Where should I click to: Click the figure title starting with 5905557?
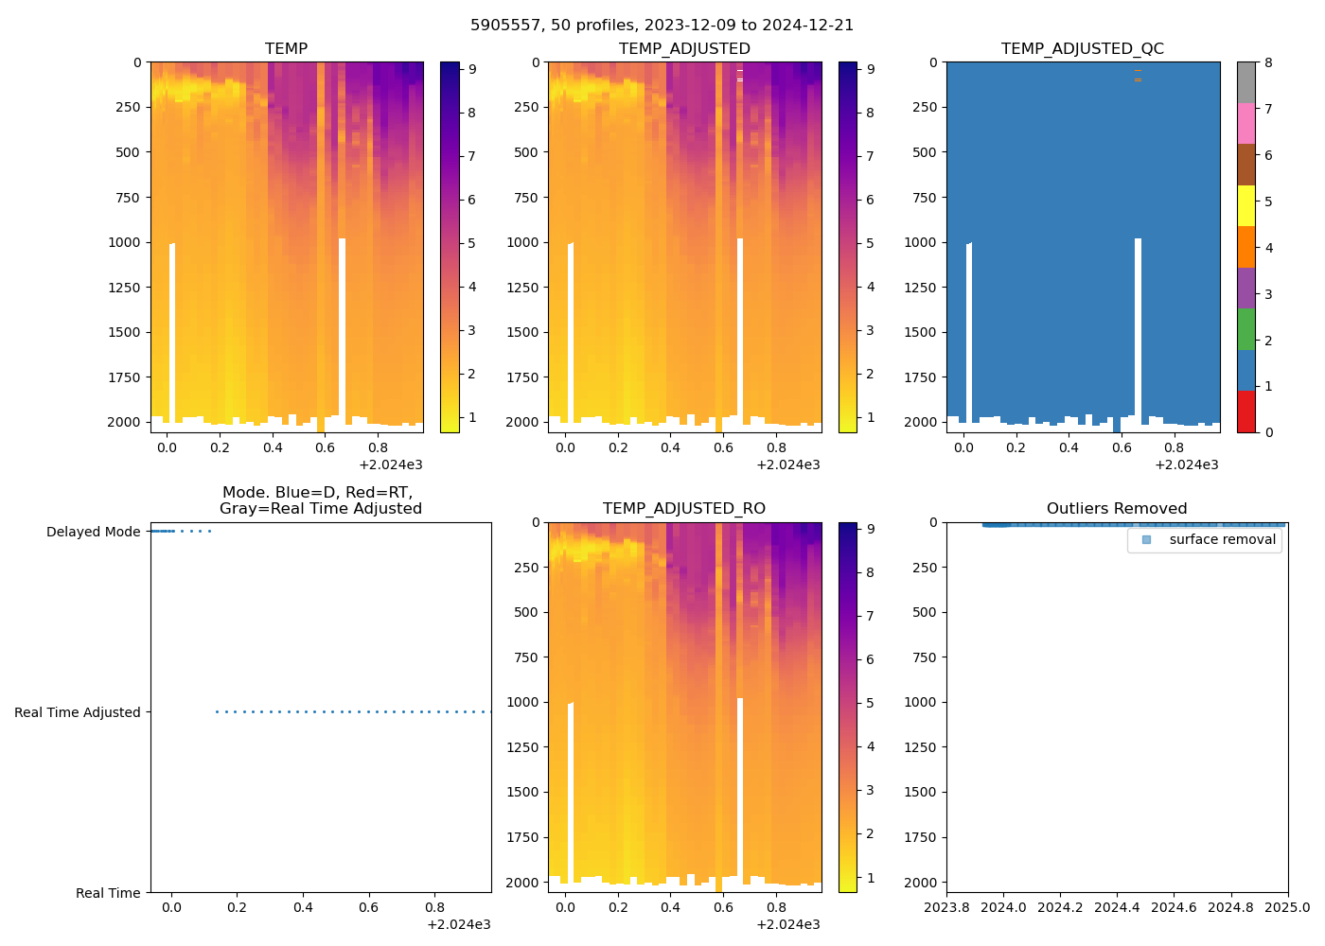coord(662,26)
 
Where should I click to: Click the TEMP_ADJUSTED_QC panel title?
coord(1082,49)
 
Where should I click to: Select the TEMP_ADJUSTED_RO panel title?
coord(683,509)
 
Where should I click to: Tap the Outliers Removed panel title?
coord(1117,509)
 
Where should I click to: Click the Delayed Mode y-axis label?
coord(93,532)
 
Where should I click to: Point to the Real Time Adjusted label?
coord(77,712)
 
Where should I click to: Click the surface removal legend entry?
coord(1222,539)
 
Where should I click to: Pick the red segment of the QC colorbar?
coord(1245,412)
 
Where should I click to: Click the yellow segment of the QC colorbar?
coord(1245,206)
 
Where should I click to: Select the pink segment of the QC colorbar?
coord(1245,124)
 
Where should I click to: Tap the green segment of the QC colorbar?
coord(1245,329)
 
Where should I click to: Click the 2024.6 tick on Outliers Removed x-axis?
coord(1174,907)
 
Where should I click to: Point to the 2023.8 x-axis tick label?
coord(946,907)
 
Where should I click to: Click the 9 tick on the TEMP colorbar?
coord(472,69)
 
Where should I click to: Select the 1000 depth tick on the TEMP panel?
coord(124,242)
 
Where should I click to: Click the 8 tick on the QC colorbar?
coord(1268,62)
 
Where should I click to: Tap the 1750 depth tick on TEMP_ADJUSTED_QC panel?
coord(920,377)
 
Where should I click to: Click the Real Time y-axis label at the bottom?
coord(108,893)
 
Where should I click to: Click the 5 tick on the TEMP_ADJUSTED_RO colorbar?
coord(870,703)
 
